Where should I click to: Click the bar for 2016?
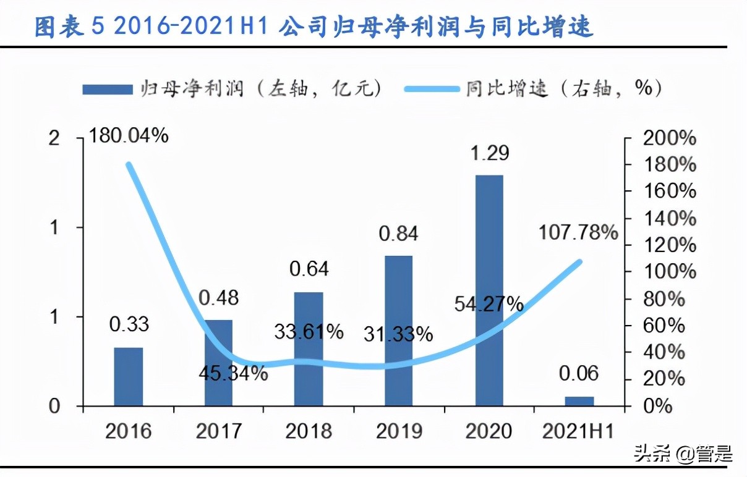[x=129, y=376]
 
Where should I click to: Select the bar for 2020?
[x=489, y=290]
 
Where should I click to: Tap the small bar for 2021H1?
[x=579, y=401]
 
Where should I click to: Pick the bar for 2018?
[x=309, y=349]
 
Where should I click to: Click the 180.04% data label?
[x=129, y=135]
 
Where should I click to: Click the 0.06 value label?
[x=579, y=373]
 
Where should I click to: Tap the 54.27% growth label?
[x=489, y=304]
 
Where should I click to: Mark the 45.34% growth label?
[x=233, y=373]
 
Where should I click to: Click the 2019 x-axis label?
[x=399, y=431]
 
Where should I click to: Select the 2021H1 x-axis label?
[x=578, y=431]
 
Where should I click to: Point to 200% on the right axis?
[x=669, y=138]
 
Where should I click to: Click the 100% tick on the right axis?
[x=669, y=272]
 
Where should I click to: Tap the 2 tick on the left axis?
[x=54, y=138]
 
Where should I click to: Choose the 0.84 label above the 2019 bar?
[x=399, y=234]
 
